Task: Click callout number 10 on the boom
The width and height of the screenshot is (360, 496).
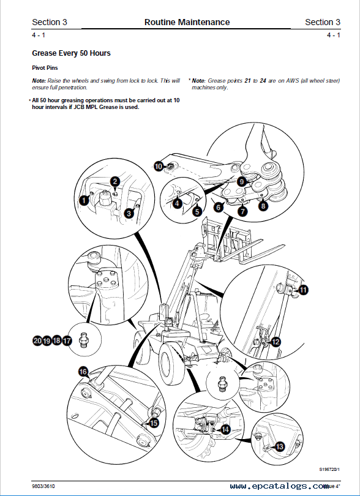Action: (x=159, y=166)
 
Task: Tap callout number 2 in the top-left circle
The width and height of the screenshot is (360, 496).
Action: (x=115, y=182)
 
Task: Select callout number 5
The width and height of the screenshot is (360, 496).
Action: (x=197, y=211)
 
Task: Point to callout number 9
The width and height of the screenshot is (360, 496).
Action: (x=242, y=182)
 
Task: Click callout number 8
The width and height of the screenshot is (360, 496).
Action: (x=263, y=206)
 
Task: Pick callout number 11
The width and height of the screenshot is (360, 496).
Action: (x=303, y=290)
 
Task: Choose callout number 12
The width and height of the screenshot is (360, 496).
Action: (x=276, y=342)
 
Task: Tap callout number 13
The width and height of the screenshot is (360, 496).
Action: (x=280, y=446)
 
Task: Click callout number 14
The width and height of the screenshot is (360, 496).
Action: (x=225, y=430)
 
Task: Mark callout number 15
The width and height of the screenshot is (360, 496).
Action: (x=154, y=423)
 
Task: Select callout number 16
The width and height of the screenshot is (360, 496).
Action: (x=83, y=372)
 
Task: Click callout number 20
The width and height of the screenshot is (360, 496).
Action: (x=37, y=340)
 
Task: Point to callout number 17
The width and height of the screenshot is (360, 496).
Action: (x=67, y=340)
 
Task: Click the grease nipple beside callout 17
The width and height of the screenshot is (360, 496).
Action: (x=84, y=340)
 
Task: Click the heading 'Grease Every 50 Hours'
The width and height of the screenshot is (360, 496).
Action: (x=71, y=53)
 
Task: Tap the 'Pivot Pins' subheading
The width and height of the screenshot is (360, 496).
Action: (x=45, y=68)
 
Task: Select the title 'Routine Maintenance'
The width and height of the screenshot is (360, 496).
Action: (x=187, y=22)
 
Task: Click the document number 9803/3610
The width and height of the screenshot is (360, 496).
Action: (x=41, y=486)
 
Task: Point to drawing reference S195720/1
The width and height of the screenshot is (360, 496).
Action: (x=329, y=469)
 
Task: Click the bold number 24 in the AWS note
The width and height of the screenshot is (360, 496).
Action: (x=263, y=81)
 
